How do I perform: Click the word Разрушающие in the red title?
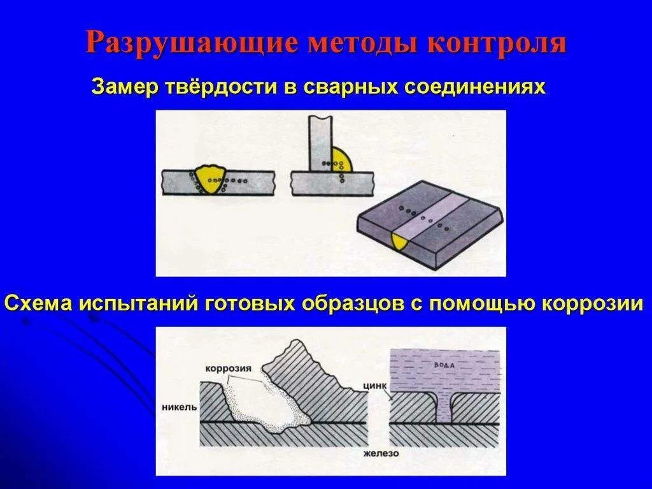coord(190,43)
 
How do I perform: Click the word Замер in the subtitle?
coord(124,86)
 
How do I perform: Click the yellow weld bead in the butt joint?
coord(209,175)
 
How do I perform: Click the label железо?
coord(381,453)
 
